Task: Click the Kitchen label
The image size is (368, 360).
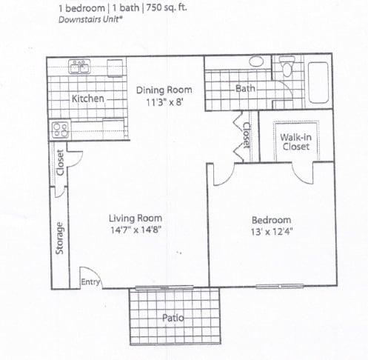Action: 88,99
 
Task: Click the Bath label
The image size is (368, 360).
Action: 245,89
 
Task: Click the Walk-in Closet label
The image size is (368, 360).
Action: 296,141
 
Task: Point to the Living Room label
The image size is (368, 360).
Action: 136,219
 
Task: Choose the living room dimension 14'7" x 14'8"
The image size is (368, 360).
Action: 136,230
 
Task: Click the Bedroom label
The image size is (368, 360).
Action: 271,220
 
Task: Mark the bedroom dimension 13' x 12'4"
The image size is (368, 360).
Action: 271,232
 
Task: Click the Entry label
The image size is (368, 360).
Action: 90,281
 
